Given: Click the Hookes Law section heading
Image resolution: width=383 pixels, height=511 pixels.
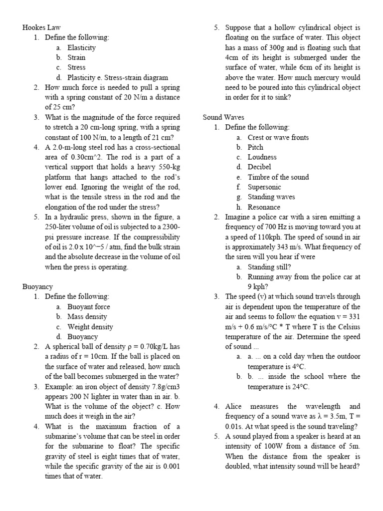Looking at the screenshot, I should click(x=41, y=27).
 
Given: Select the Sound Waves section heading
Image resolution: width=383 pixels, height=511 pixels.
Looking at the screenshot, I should click(x=223, y=117).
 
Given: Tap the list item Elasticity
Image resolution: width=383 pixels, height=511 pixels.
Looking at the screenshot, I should click(x=82, y=47).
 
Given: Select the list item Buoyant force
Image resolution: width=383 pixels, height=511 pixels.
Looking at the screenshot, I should click(x=89, y=307).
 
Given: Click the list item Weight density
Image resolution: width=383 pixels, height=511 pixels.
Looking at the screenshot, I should click(x=90, y=327).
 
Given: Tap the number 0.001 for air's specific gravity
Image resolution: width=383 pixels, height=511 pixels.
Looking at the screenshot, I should click(x=170, y=467).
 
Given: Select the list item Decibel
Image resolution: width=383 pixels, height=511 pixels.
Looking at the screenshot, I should click(x=259, y=167).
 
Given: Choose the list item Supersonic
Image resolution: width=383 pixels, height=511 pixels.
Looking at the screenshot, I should click(x=264, y=187).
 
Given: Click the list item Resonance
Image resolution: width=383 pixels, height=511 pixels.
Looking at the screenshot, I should click(x=264, y=207).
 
